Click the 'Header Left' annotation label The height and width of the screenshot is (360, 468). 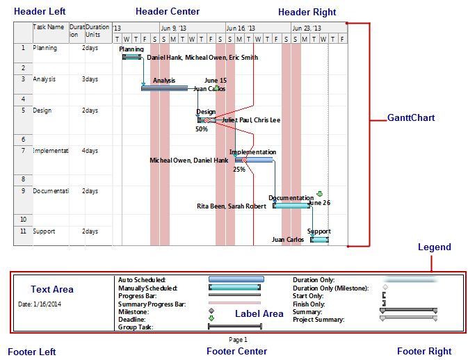[x=40, y=11]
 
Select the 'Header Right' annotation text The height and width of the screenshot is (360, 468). [x=307, y=12]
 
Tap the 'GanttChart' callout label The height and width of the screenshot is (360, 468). [x=411, y=118]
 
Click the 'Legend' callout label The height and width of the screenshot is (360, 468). [x=434, y=247]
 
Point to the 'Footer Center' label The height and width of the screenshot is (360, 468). [x=236, y=351]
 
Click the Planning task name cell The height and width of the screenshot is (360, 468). [x=45, y=49]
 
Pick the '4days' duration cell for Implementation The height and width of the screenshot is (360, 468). [x=90, y=151]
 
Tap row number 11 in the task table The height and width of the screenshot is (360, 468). [x=23, y=231]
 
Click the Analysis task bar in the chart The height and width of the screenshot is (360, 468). [x=164, y=88]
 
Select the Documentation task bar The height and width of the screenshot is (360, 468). [x=291, y=205]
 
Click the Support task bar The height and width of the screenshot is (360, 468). [x=319, y=239]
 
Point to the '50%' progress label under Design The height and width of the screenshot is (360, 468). [x=202, y=129]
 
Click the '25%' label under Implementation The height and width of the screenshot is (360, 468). [x=239, y=169]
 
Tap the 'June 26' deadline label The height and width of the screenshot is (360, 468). [x=319, y=203]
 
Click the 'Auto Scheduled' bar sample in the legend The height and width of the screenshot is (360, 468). [x=236, y=279]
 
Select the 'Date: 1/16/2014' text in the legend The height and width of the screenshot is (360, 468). [x=40, y=304]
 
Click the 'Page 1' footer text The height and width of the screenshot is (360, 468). [x=238, y=339]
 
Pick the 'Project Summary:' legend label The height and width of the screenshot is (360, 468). [x=319, y=320]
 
